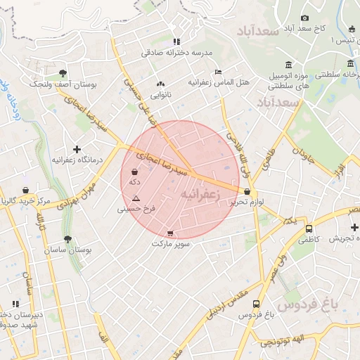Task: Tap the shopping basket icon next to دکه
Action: (x=134, y=172)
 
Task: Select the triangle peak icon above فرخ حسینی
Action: (x=136, y=199)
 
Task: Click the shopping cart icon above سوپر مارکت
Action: (x=170, y=233)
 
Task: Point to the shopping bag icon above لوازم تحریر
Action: (x=247, y=191)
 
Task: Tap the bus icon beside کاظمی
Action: (x=309, y=229)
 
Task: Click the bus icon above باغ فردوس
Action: (x=256, y=304)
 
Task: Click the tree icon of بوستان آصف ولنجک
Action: (x=63, y=72)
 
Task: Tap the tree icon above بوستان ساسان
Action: (x=67, y=239)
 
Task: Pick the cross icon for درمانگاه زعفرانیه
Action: (x=77, y=149)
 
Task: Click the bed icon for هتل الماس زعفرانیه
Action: (x=218, y=72)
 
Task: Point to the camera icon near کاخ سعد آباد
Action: (x=304, y=18)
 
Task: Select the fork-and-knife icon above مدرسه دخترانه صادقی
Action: (x=176, y=41)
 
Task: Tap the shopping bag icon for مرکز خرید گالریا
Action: (x=26, y=191)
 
